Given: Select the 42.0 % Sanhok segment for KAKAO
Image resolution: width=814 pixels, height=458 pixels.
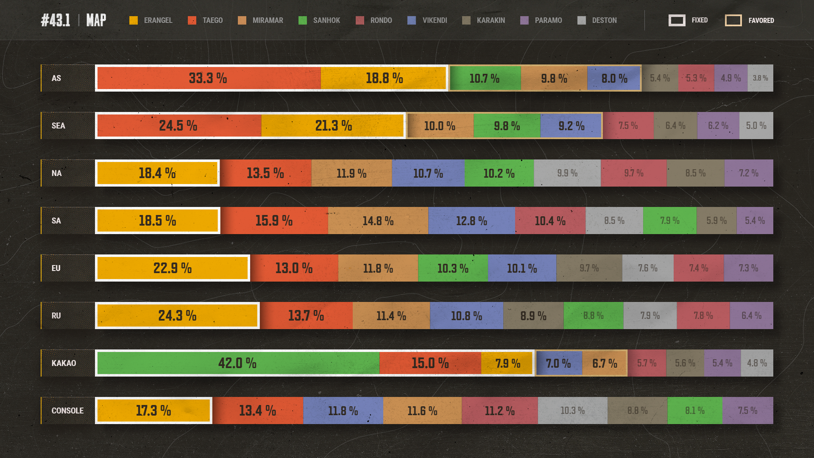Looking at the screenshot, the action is (x=238, y=363).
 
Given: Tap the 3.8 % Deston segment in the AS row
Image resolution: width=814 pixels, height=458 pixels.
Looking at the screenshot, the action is (x=760, y=78).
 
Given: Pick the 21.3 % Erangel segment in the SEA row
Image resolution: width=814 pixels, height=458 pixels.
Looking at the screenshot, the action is (x=332, y=126).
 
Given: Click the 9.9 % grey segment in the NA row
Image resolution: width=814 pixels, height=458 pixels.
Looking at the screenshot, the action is (x=567, y=173).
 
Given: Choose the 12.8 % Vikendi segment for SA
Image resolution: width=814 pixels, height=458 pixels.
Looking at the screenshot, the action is (x=471, y=221).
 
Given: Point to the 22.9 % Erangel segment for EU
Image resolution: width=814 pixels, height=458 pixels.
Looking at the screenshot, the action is (x=173, y=268).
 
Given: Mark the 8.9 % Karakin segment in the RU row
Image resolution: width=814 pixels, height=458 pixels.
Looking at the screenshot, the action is (x=533, y=316).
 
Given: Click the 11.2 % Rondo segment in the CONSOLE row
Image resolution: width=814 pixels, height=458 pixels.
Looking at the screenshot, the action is (x=500, y=411).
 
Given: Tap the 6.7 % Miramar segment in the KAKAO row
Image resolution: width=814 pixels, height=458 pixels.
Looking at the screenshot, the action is (x=604, y=363).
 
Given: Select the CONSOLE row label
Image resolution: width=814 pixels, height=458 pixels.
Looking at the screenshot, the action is (x=67, y=411).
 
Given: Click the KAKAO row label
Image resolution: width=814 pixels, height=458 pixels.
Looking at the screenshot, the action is (x=64, y=363).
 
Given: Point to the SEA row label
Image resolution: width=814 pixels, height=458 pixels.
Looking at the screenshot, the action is (x=58, y=126).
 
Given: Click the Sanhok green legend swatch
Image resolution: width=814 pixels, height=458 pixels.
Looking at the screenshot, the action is (x=303, y=20).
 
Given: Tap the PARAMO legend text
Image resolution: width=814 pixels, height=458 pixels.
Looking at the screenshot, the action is (x=548, y=20).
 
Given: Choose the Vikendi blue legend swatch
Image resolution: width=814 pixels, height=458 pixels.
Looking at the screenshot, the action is (x=412, y=20).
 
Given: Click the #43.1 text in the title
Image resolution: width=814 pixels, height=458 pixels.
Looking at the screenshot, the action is (x=56, y=20).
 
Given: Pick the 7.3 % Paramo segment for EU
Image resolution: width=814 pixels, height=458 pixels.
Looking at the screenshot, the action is (x=748, y=268).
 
